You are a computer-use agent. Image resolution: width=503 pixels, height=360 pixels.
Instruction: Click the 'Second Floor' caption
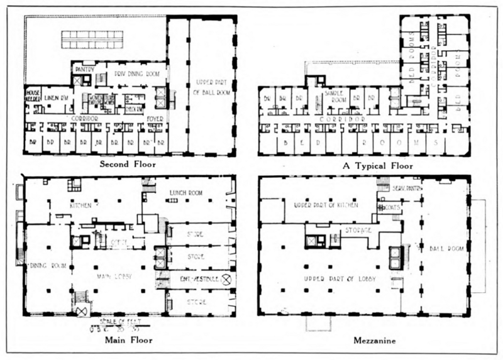point(128,165)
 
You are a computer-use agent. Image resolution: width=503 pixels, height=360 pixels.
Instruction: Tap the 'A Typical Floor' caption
point(379,166)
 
